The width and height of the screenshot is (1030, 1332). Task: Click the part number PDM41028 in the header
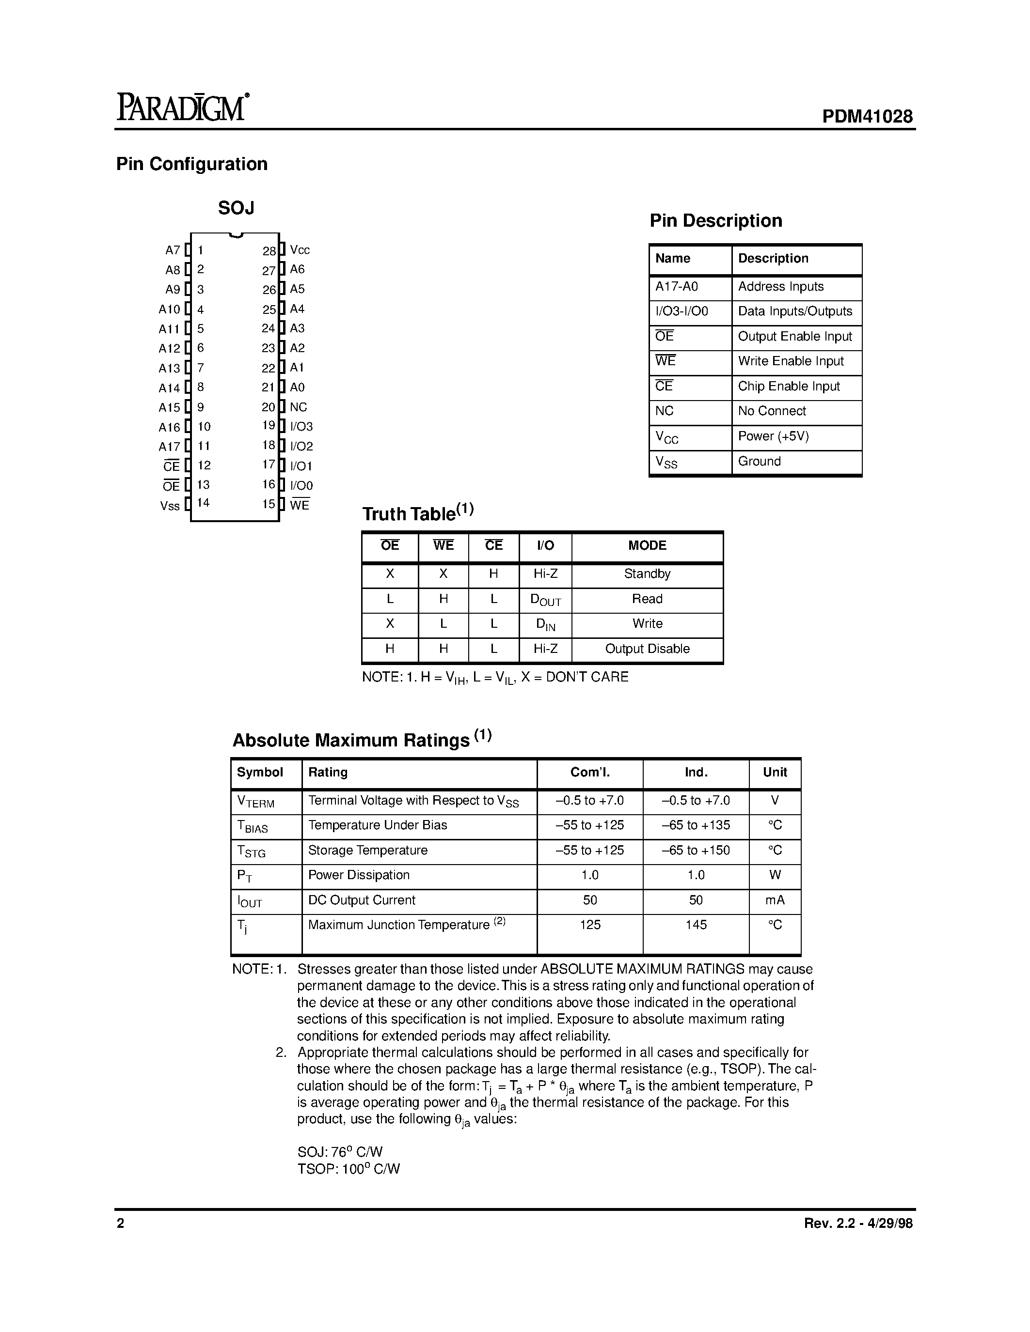point(867,116)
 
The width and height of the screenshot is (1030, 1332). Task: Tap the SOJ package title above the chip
point(236,209)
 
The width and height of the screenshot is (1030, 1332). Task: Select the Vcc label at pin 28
point(300,250)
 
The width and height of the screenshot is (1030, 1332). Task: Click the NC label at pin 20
point(299,407)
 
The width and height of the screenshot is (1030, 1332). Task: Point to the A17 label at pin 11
point(169,447)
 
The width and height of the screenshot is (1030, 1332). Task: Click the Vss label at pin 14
point(170,506)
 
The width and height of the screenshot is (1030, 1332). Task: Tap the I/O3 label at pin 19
point(301,426)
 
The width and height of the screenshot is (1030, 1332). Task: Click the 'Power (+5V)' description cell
point(773,436)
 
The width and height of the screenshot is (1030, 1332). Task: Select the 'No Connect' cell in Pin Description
point(771,411)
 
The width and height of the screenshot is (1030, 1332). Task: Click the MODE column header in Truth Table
point(647,545)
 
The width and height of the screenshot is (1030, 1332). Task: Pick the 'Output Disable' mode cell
point(647,649)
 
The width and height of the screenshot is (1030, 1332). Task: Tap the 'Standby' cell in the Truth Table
point(647,574)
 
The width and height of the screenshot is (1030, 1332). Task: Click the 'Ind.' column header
point(696,772)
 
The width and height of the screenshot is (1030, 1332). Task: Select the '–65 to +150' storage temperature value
point(696,850)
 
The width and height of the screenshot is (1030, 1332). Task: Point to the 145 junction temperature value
point(696,925)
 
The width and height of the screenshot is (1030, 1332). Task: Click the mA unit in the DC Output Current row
point(775,900)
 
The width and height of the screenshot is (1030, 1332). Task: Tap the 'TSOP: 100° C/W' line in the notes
point(349,1169)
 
